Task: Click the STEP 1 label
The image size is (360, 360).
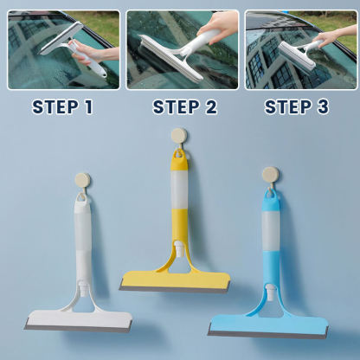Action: pyautogui.click(x=62, y=107)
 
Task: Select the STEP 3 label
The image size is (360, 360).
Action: pyautogui.click(x=297, y=107)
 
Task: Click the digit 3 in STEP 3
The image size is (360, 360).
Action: pyautogui.click(x=323, y=107)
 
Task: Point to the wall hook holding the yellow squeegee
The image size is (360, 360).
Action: pyautogui.click(x=179, y=136)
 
